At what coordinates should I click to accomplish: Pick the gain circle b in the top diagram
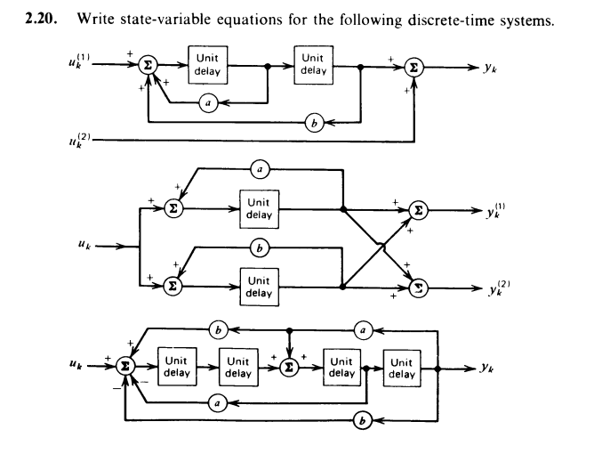click(x=311, y=122)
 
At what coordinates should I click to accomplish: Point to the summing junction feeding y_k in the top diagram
click(x=413, y=65)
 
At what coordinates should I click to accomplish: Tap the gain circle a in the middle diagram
click(x=259, y=168)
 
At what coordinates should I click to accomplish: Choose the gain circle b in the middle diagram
click(x=259, y=243)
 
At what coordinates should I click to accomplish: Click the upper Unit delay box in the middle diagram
click(x=258, y=210)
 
